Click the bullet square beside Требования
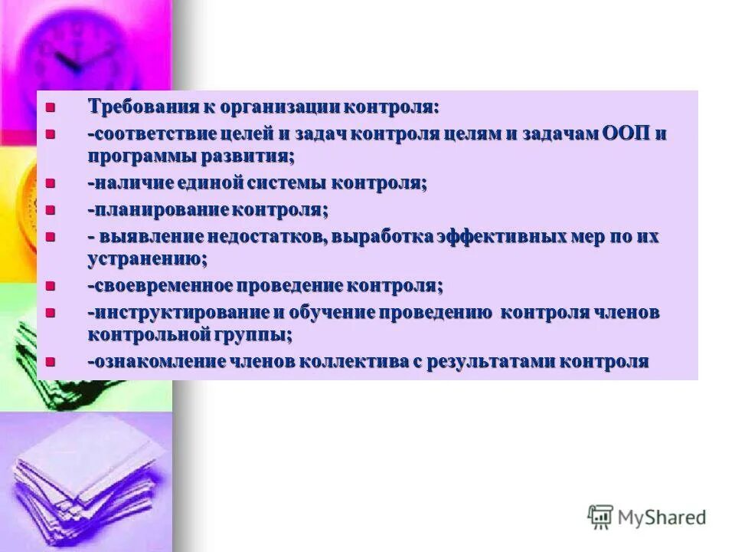click(x=51, y=107)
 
